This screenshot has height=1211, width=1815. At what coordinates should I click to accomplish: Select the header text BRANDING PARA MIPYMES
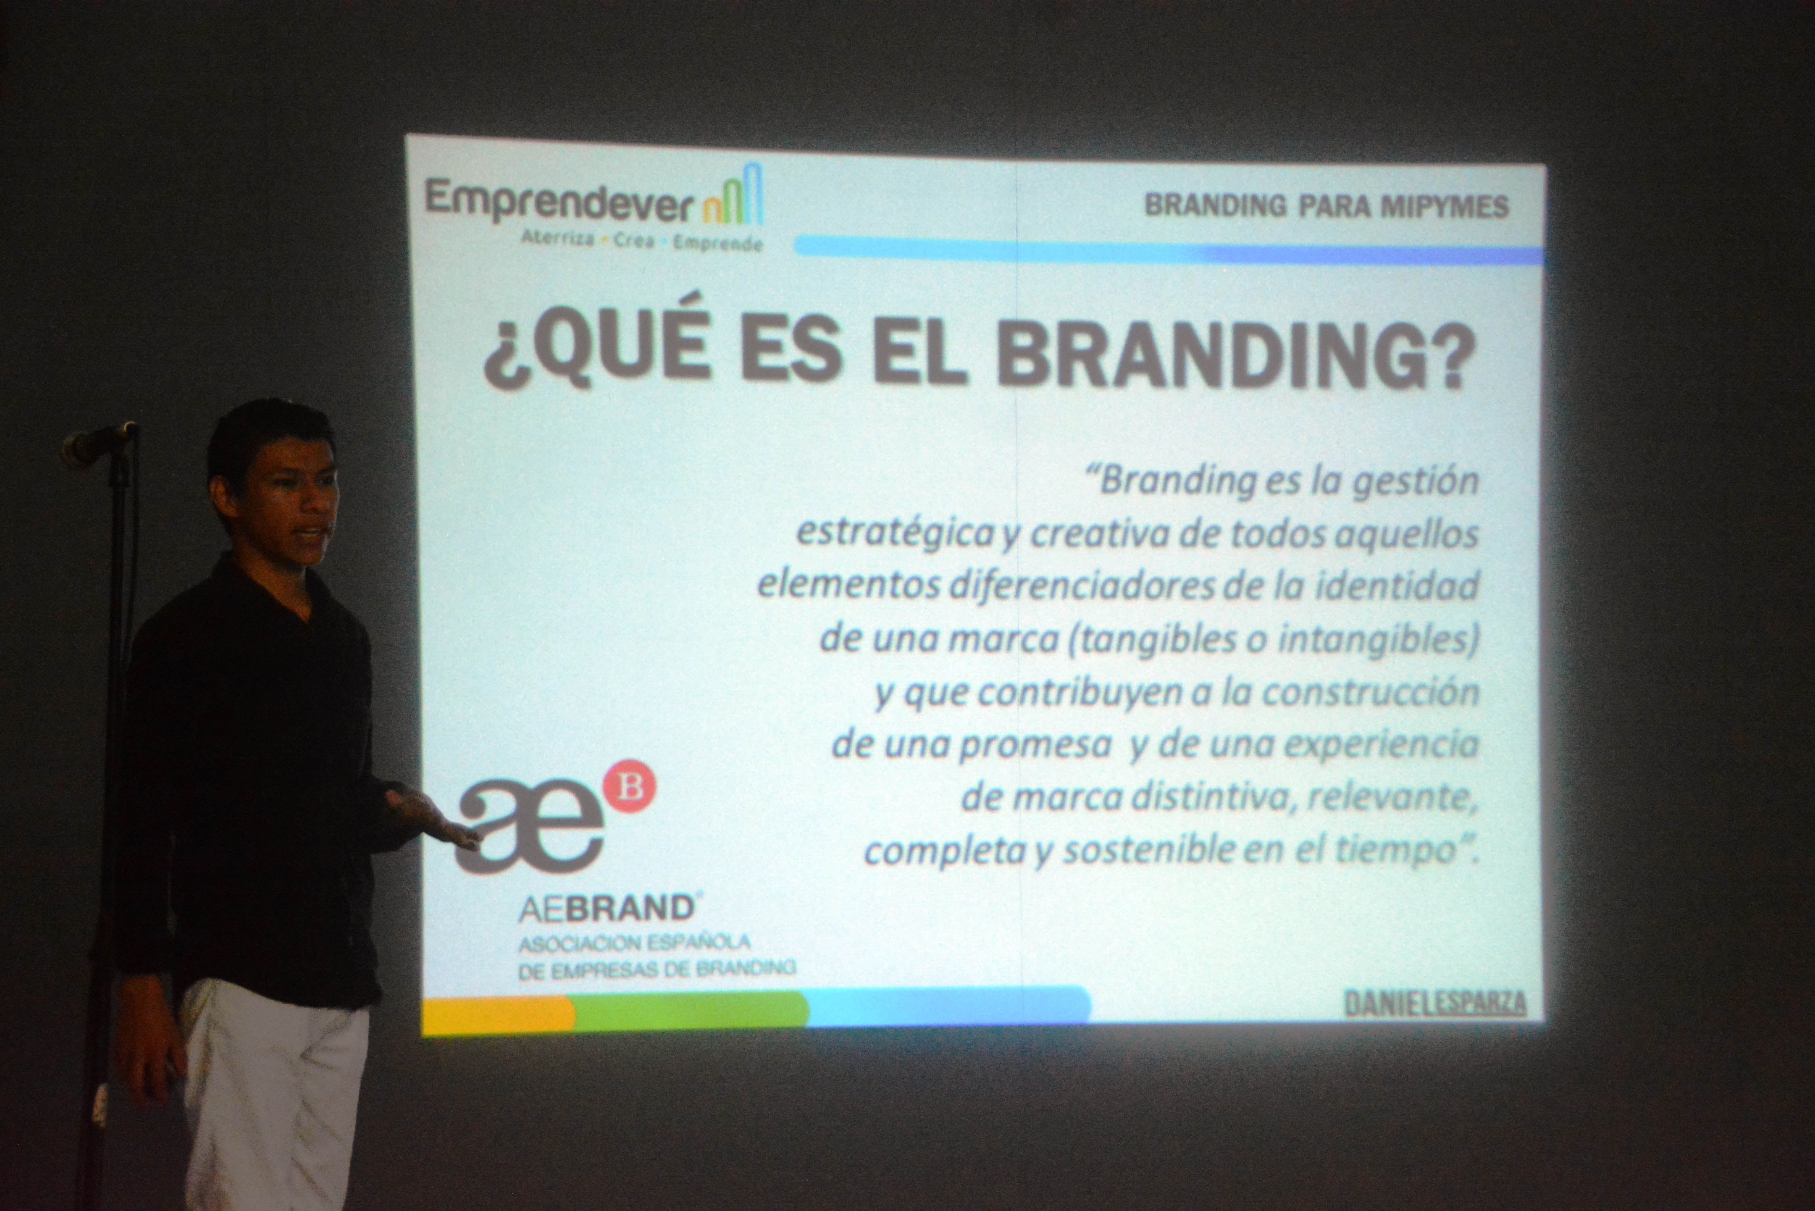(1325, 206)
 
